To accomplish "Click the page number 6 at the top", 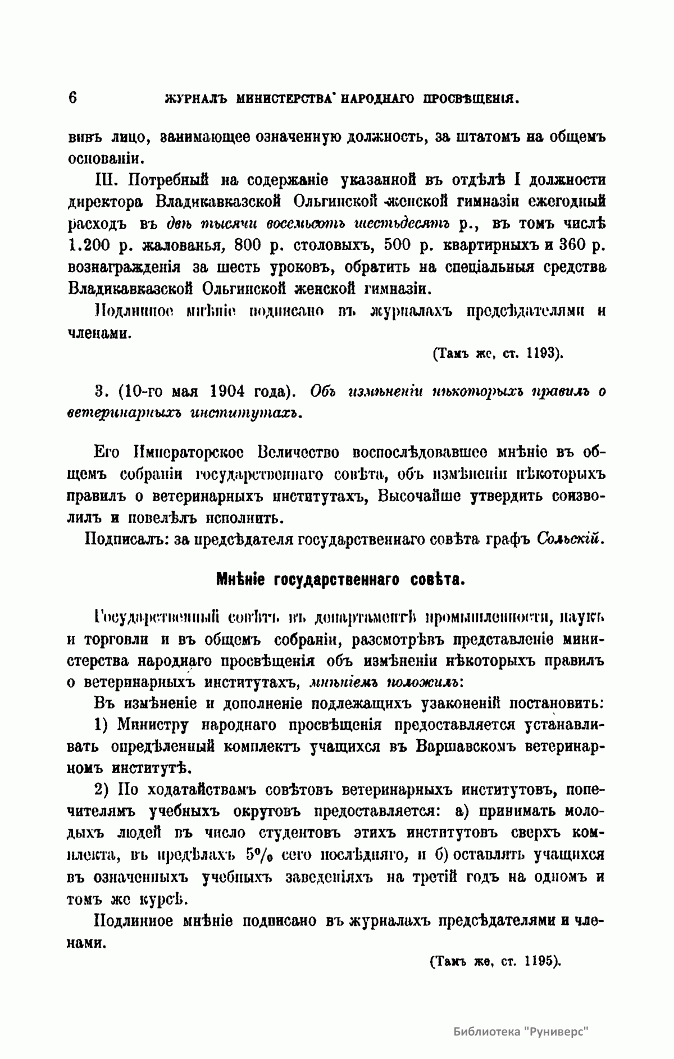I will click(x=73, y=98).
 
